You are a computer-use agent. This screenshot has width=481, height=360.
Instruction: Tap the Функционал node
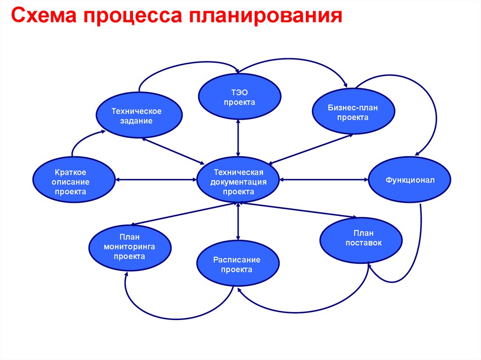(410, 180)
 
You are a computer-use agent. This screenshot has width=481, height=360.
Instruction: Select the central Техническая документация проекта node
(238, 180)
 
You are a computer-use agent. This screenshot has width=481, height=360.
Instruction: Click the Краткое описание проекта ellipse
(73, 179)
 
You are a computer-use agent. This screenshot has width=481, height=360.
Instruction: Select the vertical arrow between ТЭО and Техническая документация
(239, 138)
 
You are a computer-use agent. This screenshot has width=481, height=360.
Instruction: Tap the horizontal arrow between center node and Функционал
(324, 179)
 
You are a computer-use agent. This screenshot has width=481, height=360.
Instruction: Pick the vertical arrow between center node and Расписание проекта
(239, 222)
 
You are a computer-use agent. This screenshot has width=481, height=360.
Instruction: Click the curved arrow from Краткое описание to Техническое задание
(80, 140)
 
